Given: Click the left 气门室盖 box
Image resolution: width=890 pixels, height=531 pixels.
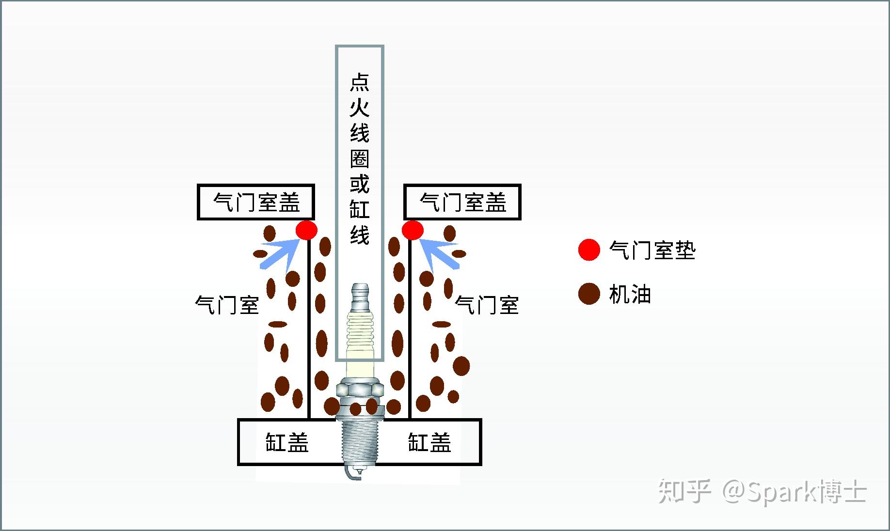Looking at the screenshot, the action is click(256, 202).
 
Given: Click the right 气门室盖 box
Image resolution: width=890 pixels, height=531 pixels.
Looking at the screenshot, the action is click(462, 202).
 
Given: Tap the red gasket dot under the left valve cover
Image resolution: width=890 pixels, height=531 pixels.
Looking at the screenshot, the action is click(306, 230).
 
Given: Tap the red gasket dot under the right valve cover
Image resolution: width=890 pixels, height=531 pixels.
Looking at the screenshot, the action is click(413, 230).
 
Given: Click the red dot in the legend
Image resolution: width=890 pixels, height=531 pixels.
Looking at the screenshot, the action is click(589, 250).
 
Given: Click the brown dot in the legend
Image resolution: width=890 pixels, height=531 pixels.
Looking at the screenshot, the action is click(589, 294).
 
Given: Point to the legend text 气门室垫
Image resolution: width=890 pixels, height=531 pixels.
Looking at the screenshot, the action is click(652, 250).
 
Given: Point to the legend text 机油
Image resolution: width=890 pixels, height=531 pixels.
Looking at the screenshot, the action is click(630, 294).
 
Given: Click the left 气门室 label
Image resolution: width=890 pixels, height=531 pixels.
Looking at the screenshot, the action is click(227, 305).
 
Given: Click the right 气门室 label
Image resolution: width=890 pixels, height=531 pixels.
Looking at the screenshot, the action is click(487, 305).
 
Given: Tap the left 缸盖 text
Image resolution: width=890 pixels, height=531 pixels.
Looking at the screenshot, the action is click(286, 442).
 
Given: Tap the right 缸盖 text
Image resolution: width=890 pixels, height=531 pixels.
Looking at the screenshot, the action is click(429, 442).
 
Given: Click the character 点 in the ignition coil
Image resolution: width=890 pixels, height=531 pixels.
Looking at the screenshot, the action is click(360, 82).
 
